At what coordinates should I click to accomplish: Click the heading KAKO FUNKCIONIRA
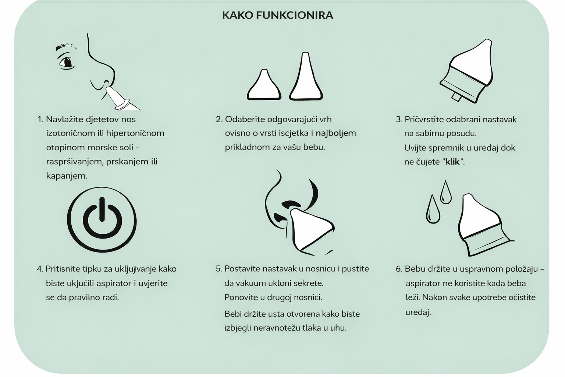277,15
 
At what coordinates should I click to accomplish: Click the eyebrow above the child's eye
66,47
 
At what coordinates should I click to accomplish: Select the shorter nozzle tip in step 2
264,85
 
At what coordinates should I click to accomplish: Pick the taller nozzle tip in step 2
306,77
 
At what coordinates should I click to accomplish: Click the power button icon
102,220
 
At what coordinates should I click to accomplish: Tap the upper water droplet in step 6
445,192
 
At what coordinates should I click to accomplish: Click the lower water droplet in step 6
433,209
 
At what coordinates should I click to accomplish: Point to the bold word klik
452,162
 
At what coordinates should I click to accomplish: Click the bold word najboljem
336,133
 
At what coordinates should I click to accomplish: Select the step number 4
40,269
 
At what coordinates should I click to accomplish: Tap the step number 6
399,269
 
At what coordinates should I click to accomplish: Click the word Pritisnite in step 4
63,269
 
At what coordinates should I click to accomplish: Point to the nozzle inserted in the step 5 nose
312,229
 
